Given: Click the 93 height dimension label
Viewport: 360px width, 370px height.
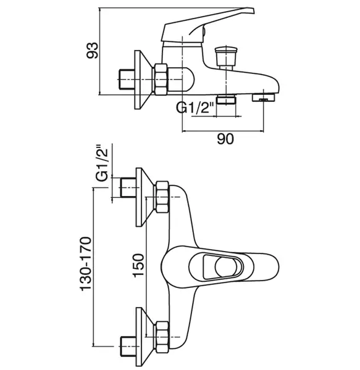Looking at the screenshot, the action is (x=92, y=51).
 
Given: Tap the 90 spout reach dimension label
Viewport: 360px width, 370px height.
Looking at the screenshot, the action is (x=225, y=139).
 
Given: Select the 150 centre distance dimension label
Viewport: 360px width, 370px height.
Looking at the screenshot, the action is (x=138, y=265).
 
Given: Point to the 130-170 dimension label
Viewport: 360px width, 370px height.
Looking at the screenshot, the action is (x=85, y=264).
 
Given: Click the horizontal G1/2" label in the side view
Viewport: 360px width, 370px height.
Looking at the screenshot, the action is (x=195, y=107).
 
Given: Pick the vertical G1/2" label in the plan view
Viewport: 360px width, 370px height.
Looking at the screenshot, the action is (x=102, y=162).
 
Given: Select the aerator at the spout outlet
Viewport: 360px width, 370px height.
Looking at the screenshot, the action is (x=264, y=97).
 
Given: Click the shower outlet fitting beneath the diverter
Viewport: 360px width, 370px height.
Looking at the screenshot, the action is (x=227, y=99).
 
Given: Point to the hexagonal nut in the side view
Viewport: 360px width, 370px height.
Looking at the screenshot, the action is (x=161, y=80).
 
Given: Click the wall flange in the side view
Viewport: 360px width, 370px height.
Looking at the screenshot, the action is (x=143, y=80).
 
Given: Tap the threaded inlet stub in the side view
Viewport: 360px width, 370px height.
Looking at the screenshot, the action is (x=127, y=80).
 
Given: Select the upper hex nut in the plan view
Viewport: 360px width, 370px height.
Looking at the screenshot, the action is (x=162, y=197).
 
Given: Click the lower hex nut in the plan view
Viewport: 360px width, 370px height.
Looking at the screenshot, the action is (x=162, y=337).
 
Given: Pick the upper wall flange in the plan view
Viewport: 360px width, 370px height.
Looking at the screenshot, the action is (x=144, y=197).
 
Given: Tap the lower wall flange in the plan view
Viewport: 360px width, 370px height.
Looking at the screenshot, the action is (x=144, y=337).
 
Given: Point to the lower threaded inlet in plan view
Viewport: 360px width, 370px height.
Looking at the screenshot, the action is (x=128, y=347).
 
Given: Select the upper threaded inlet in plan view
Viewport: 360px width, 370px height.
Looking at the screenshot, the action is (x=128, y=187).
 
